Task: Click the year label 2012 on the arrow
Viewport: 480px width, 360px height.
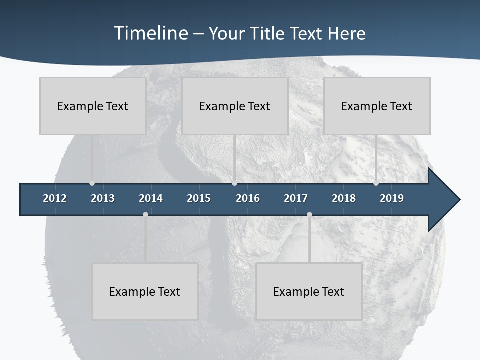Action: [x=55, y=198]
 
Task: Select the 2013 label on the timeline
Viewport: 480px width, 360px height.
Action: [x=103, y=198]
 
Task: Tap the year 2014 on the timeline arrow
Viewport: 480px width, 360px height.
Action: [x=151, y=198]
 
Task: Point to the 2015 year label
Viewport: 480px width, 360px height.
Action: [x=199, y=198]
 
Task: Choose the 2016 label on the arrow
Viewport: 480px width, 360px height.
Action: [x=248, y=198]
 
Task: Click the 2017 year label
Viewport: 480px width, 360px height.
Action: [x=296, y=198]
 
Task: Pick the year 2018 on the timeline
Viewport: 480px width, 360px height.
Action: [x=344, y=198]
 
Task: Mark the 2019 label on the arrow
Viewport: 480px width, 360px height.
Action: [x=392, y=198]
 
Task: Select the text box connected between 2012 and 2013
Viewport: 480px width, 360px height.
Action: [x=93, y=106]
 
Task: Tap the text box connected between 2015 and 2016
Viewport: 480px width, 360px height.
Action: [x=235, y=106]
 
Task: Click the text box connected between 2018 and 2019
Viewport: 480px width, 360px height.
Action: [x=377, y=106]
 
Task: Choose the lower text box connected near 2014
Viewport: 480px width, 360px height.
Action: [x=145, y=291]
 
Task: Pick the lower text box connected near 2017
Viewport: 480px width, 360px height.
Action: [x=309, y=291]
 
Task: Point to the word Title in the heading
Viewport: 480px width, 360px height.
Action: [x=270, y=33]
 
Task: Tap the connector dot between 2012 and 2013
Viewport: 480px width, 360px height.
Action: [x=92, y=183]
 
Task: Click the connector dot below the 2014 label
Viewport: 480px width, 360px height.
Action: [x=145, y=214]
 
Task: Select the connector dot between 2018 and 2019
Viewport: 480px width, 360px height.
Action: [x=376, y=183]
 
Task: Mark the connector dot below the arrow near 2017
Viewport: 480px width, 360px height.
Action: [x=309, y=214]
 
